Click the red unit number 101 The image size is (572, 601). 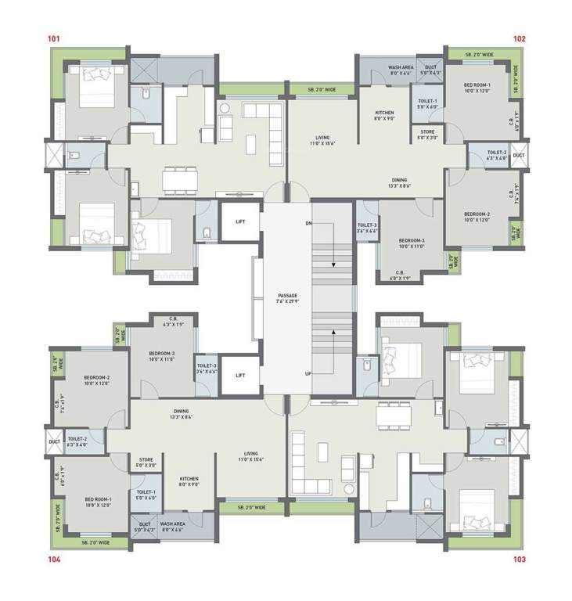(54, 38)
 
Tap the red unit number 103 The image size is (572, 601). (519, 560)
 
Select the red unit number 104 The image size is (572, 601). (54, 560)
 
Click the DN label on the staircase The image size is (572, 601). (309, 224)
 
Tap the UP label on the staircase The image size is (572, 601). (309, 374)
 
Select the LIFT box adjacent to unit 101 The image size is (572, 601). (240, 221)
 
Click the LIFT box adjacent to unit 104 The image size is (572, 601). (240, 376)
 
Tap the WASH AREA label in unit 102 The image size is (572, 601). (401, 68)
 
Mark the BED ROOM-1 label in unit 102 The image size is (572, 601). (477, 87)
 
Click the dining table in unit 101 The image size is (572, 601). (179, 179)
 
